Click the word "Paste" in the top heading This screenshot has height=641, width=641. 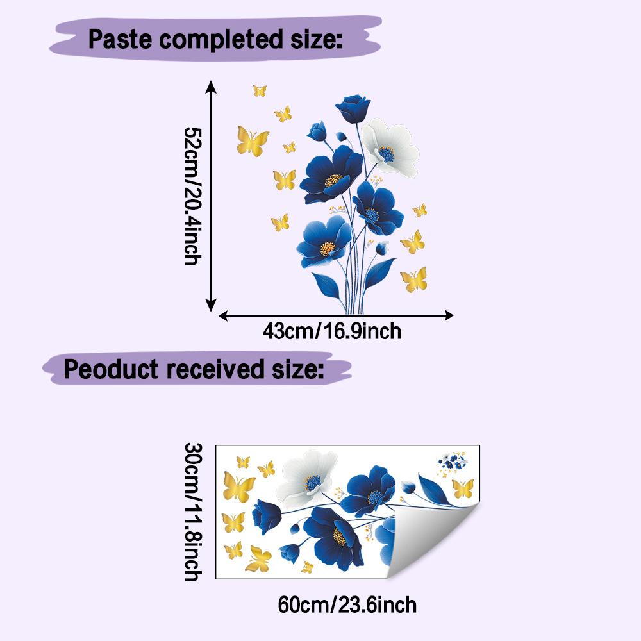pos(121,40)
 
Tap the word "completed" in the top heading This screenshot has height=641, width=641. pos(221,40)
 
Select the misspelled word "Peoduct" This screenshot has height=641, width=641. pos(111,369)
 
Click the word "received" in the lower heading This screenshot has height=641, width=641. pos(215,369)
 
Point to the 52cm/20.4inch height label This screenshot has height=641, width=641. pos(193,196)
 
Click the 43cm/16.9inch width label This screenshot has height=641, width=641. pos(332,331)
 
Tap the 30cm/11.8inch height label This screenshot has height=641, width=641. pos(193,512)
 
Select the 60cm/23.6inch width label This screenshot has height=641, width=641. pos(347,605)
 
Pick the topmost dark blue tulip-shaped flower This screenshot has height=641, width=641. pos(353,108)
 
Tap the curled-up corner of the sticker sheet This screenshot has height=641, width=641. pos(433,540)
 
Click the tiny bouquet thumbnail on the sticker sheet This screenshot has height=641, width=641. pos(453,463)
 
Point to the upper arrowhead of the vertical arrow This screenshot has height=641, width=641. pos(210,87)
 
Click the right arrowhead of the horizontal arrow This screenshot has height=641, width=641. pos(449,315)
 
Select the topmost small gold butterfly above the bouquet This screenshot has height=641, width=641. pos(260,90)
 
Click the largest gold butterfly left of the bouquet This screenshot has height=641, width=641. pos(252,141)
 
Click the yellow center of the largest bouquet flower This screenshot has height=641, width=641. pos(333,180)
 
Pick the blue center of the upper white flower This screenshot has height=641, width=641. pos(386,154)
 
